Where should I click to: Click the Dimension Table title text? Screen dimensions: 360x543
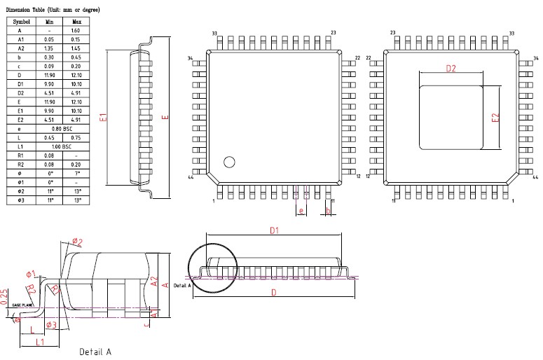click(x=53, y=11)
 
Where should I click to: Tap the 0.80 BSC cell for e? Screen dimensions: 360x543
click(x=62, y=129)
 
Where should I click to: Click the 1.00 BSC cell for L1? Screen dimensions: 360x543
click(x=62, y=146)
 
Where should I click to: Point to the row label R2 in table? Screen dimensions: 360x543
click(x=20, y=165)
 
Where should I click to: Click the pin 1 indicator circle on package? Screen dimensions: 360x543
click(x=228, y=162)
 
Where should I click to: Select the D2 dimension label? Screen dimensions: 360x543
click(x=451, y=69)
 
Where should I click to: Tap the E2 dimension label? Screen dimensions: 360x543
click(x=495, y=118)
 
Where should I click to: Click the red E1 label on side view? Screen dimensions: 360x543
click(x=103, y=118)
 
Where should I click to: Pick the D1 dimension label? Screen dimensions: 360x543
click(x=275, y=230)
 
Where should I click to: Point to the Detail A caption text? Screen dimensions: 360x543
click(x=95, y=352)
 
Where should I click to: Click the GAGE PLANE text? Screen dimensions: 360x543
click(x=22, y=305)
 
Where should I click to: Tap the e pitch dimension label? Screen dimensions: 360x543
click(x=301, y=210)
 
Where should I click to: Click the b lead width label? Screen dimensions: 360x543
click(x=328, y=210)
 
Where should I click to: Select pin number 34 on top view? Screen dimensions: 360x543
click(x=190, y=58)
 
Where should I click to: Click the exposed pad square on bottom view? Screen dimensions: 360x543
click(x=451, y=117)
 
